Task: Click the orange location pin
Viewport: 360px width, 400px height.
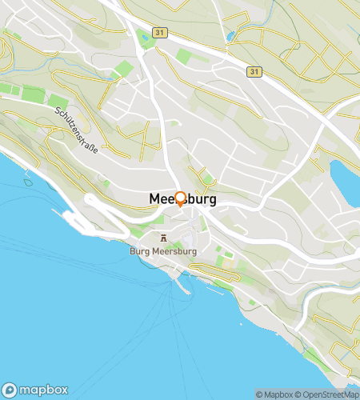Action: click(180, 199)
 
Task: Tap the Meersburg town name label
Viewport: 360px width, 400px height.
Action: click(182, 200)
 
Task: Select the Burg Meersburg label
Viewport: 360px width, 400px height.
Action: click(162, 250)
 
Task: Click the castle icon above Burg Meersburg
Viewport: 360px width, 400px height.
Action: click(164, 238)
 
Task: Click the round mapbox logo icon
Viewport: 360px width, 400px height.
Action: click(10, 390)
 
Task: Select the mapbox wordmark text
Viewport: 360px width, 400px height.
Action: click(43, 390)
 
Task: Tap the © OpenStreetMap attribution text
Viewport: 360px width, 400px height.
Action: click(328, 394)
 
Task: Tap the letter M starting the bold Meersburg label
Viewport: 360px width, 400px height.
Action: click(154, 200)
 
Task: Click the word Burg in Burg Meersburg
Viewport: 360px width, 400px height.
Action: click(139, 250)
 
